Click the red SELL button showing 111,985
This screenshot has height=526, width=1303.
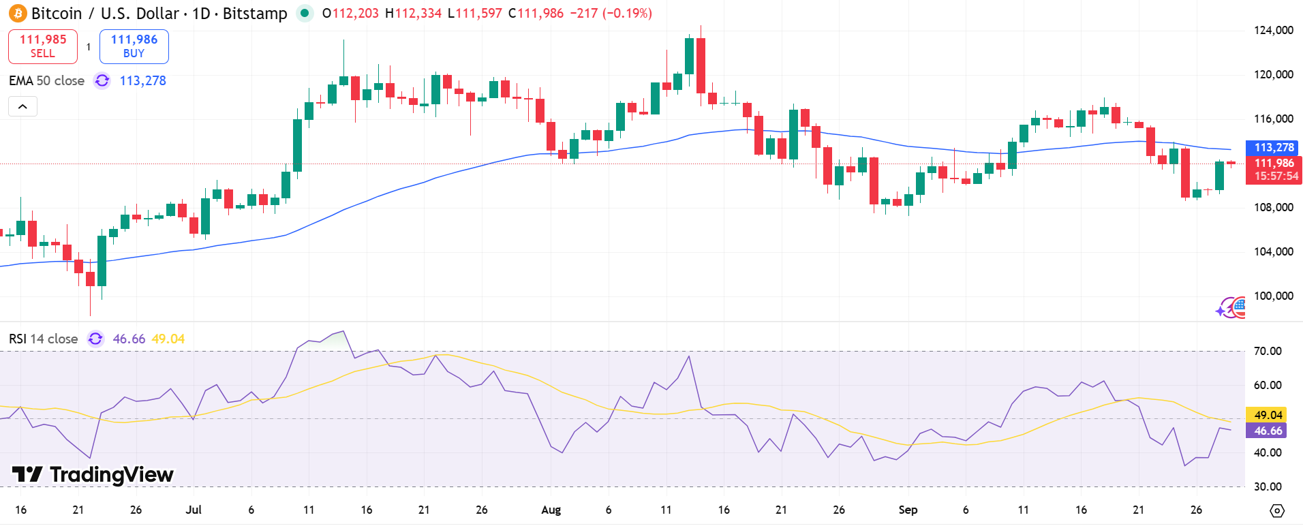pos(43,46)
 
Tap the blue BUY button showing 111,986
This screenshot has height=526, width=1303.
pos(134,46)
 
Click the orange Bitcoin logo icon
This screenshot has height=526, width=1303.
pos(18,13)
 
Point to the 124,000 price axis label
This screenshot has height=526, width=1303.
pos(1273,30)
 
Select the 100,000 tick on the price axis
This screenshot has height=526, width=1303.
pos(1273,296)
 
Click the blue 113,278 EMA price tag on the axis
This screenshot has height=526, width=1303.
pos(1273,147)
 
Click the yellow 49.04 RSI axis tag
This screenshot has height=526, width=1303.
pos(1268,415)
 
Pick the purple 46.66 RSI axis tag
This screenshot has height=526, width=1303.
pos(1268,431)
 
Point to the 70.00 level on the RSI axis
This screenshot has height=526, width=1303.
pos(1268,351)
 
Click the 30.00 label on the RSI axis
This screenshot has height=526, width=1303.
pos(1268,486)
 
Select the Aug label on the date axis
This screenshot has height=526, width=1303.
pos(551,510)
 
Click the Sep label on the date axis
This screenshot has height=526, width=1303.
pos(908,510)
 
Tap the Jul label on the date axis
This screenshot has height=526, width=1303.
pos(194,510)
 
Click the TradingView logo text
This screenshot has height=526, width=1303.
pos(93,474)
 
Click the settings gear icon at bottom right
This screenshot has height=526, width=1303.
pos(1277,510)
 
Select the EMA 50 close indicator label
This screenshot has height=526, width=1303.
pos(46,80)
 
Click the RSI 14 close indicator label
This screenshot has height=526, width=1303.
pos(43,339)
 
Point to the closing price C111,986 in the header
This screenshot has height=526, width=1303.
pos(536,13)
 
